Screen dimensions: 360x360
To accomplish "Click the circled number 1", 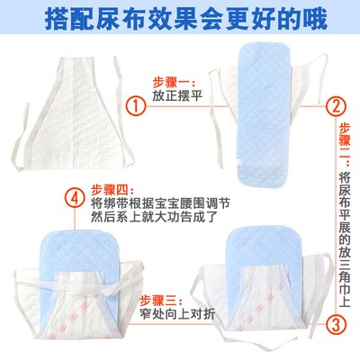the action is tap(136, 106).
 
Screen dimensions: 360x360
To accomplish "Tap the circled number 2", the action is tap(337, 106).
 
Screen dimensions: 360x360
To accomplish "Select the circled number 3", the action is tap(337, 325).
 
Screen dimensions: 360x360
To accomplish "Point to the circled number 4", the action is tap(75, 198).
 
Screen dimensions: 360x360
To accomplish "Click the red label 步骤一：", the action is tap(174, 82).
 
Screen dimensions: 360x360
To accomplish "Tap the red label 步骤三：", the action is tap(161, 301).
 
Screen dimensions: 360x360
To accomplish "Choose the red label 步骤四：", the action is tap(112, 190).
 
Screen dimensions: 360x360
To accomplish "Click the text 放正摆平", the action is tap(177, 95).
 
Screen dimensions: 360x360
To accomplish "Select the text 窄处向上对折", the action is tap(177, 314).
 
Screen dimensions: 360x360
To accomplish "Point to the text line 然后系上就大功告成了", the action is tap(154, 217).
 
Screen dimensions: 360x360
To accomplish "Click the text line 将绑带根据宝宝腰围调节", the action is tap(161, 203).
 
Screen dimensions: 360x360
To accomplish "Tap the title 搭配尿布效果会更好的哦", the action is tap(186, 20).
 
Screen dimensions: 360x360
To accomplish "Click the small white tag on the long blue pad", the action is tap(239, 162).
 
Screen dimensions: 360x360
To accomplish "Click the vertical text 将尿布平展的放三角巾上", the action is tap(345, 239).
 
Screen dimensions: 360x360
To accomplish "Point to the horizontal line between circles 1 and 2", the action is tap(237, 106).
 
